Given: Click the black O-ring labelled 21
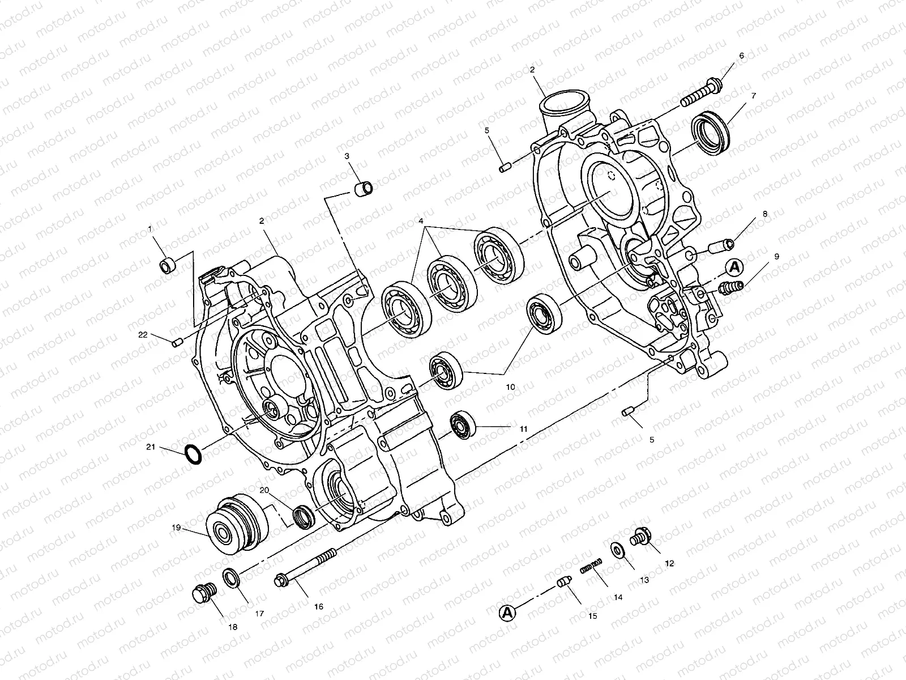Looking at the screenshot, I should click(193, 453).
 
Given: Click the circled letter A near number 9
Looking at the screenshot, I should click(734, 266).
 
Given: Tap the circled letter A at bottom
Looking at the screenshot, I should click(507, 612).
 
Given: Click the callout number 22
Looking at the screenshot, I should click(143, 335).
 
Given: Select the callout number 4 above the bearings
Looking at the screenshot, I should click(421, 220).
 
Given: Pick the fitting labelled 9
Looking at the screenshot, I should click(730, 288).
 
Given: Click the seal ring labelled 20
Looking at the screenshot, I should click(303, 516).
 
